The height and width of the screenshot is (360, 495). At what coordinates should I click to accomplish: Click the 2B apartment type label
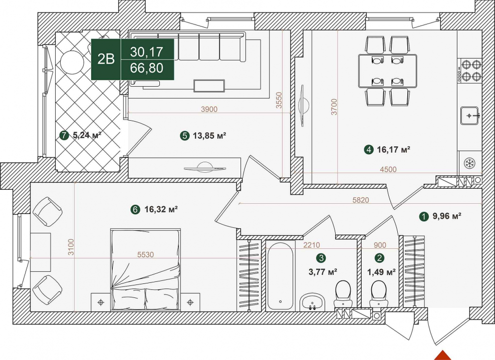coord(106,59)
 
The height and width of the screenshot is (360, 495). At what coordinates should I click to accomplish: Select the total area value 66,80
coord(146,68)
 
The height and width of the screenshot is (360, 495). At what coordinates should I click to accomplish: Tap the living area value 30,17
coord(146,52)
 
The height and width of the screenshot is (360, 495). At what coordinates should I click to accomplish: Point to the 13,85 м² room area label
coord(209,136)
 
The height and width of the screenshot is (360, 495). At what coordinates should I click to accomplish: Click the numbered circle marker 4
coord(368,149)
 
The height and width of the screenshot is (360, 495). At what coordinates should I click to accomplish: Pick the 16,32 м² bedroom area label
coord(161,209)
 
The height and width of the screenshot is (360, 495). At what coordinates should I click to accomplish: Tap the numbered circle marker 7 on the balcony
coord(64,136)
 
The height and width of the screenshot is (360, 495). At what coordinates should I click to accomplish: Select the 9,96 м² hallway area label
coord(447,216)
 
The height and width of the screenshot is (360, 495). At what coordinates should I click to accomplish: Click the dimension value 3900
coord(209,109)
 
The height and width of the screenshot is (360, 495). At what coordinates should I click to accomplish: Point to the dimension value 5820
coord(361,200)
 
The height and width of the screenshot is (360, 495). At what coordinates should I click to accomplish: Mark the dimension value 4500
coord(388,169)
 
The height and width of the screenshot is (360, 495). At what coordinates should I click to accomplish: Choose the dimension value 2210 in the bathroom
coord(312,245)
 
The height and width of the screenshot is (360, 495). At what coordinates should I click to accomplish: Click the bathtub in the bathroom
coord(281,276)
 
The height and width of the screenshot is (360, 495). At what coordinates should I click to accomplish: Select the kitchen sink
coord(470,116)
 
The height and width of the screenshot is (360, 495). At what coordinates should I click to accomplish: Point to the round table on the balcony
coord(72,62)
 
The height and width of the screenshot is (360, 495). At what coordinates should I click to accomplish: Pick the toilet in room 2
coord(379,293)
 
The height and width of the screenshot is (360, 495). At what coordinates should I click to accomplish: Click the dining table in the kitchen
coord(388,71)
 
